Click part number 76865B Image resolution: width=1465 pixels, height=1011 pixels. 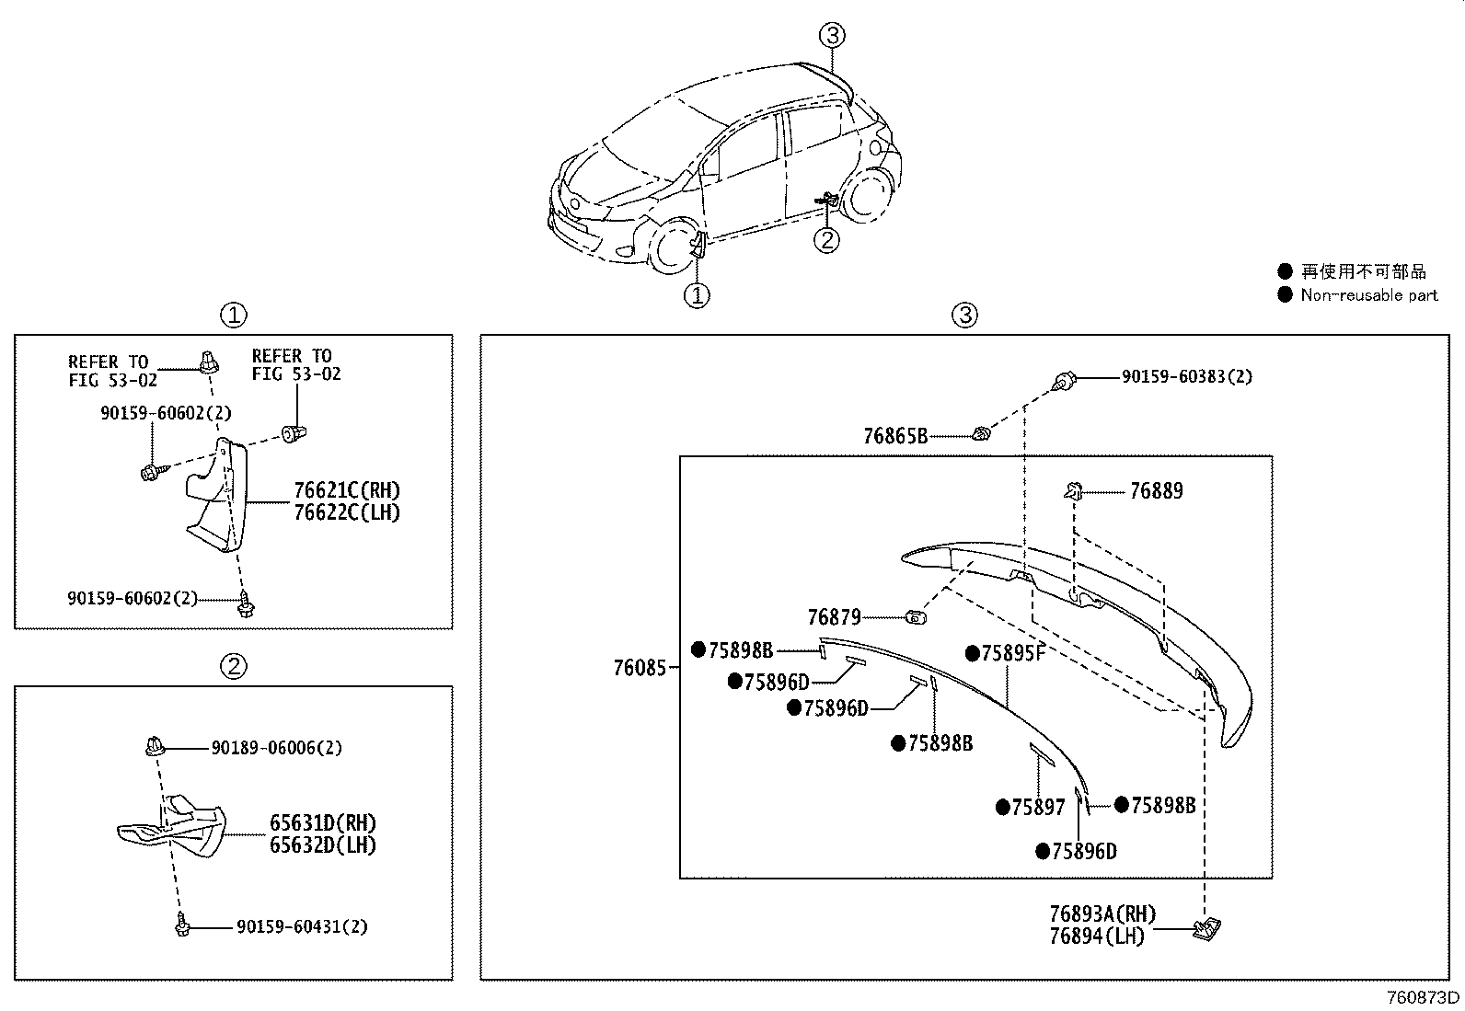894,436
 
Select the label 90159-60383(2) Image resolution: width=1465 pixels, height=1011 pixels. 1186,376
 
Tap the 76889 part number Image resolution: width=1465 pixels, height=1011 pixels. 1156,491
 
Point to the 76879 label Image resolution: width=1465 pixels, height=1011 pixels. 834,617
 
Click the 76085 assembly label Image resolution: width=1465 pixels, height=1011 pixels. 639,668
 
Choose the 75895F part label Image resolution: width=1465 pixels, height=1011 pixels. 1013,653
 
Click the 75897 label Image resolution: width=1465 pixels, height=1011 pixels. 1038,808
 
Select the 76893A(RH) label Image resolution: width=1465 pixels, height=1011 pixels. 1102,914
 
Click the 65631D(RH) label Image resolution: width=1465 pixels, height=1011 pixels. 323,823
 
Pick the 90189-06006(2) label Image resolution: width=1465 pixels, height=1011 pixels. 276,748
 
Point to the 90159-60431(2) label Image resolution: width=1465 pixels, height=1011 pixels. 301,926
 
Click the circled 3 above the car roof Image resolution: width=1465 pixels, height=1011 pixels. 832,36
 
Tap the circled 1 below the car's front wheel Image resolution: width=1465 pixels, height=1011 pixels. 697,295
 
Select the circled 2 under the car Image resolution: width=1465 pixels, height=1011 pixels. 827,240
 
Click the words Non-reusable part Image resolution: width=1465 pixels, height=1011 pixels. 1368,295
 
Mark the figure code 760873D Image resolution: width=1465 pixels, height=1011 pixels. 1424,998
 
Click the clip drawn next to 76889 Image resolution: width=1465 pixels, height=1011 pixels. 1072,491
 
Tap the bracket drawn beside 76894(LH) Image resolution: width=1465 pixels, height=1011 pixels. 1205,930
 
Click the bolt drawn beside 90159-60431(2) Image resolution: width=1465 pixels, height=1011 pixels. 182,927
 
